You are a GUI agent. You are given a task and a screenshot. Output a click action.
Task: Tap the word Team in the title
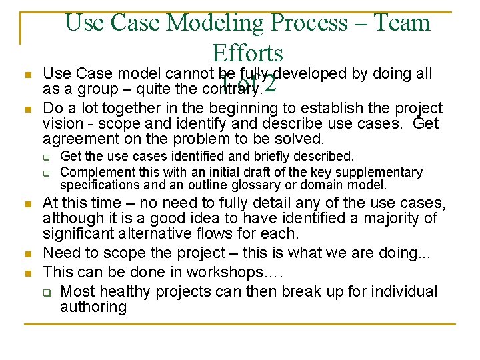tap(401, 23)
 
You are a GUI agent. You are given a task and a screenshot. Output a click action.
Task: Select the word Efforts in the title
tap(247, 53)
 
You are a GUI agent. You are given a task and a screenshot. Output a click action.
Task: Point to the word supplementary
tap(383, 172)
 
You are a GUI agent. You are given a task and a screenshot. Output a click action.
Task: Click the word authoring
tap(93, 307)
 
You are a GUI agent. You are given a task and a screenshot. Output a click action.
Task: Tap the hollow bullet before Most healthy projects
tap(47, 292)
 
